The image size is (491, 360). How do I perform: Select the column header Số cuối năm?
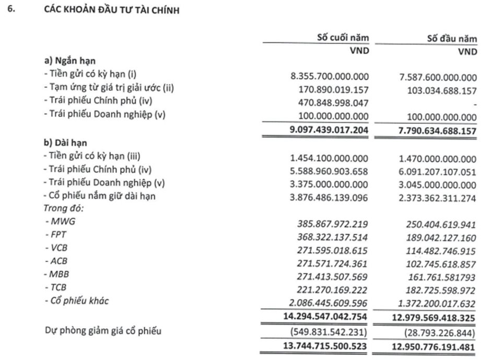(343, 38)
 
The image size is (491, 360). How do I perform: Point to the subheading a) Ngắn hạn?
(73, 61)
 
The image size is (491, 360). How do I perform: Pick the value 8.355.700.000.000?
(329, 77)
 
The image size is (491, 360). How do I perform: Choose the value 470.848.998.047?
(333, 103)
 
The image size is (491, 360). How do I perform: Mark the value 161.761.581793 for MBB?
(441, 275)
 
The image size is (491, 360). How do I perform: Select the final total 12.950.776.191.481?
(436, 346)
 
